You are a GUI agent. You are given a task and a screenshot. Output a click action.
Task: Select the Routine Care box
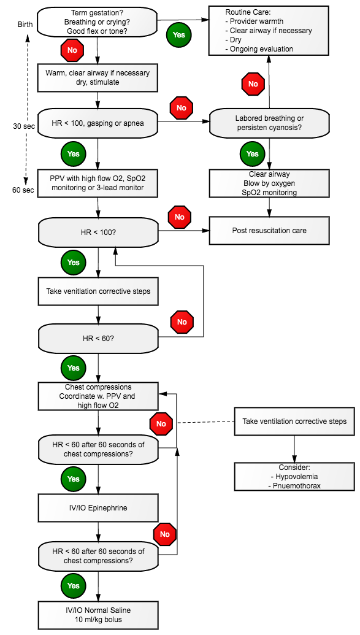coord(269,31)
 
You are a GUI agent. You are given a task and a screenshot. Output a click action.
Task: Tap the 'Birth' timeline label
coord(26,25)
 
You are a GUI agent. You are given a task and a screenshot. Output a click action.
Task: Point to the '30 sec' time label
coord(24,126)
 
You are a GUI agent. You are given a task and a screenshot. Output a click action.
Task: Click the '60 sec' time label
coord(24,190)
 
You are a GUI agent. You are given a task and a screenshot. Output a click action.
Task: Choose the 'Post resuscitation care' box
coord(269,231)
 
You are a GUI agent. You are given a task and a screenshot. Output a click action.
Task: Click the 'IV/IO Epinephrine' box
coord(98,507)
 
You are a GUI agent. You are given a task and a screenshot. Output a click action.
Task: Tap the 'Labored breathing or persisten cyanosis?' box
coord(269,122)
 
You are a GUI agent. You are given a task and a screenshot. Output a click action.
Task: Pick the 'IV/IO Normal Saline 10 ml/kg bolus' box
coord(98,615)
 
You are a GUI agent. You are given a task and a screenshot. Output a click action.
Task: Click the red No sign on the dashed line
coord(161,424)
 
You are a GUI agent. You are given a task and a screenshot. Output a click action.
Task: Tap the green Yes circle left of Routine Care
coord(178,35)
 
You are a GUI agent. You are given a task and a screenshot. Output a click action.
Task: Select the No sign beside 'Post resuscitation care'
coord(180,217)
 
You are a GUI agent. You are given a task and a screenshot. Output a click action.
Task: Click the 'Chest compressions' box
coord(98,396)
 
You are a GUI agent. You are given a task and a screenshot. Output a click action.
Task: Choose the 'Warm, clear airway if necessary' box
coord(98,77)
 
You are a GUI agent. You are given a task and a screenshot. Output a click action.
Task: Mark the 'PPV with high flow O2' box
coord(98,183)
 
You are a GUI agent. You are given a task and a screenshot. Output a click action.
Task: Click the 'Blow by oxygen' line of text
coord(269,183)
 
